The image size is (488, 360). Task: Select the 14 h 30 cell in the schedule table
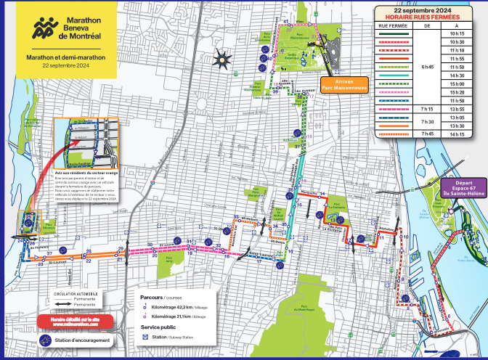457,75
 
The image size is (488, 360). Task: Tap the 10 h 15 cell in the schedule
457,34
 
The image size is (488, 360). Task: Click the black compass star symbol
221,58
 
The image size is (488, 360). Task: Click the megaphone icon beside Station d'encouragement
44,340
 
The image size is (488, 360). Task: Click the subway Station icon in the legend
145,337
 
